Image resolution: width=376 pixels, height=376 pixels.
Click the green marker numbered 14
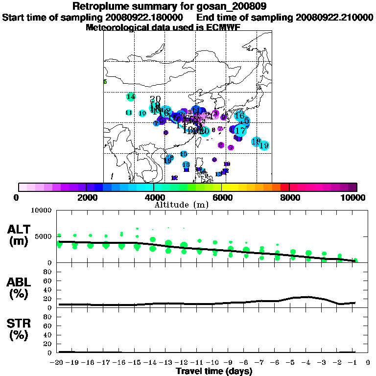coord(130,96)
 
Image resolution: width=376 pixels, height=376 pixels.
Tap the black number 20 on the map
coord(155,99)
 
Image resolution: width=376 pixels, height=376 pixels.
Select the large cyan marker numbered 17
coord(240,130)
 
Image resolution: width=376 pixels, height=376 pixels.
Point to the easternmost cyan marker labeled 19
coord(264,145)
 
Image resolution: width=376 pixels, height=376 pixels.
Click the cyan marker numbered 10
coord(142,113)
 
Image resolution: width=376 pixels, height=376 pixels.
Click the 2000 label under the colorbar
coord(86,198)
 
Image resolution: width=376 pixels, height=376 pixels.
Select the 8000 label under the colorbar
coord(289,198)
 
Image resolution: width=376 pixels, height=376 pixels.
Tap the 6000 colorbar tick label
coord(222,198)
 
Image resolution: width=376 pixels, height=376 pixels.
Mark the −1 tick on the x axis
coord(354,362)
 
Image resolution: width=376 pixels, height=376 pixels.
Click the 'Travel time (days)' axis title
coord(214,371)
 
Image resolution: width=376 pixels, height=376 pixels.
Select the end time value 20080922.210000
coord(335,17)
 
